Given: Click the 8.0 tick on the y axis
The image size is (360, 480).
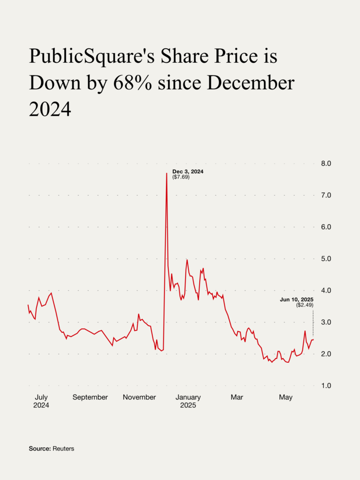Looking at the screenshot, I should coord(326,164).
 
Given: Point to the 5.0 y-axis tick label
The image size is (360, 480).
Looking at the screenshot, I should coord(326,259).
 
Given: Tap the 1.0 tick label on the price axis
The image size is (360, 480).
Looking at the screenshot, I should coord(326,386).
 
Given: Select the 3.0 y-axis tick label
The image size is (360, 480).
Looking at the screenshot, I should coord(326,322).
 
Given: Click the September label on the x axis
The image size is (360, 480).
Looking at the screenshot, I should coord(90,397).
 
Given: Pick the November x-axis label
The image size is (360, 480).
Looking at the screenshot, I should coord(139,397).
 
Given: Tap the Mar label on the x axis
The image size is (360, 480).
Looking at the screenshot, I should coord(237,397).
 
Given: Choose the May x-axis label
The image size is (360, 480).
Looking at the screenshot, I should coord(285,397).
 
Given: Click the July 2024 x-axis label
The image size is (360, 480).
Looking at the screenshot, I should coord(41,401).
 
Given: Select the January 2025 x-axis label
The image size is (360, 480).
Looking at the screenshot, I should coord(188,401).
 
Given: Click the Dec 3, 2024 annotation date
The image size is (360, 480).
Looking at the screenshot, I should coord(188,172).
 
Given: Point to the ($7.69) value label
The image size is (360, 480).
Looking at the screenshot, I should coord(181,178).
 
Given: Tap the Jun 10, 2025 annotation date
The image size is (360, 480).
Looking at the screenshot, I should coord(296,299).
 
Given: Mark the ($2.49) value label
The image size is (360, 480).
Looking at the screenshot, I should coord(304,305).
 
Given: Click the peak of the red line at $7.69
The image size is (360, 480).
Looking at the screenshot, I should coord(166,173).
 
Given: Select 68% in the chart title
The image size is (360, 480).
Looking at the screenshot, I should coord(133,83).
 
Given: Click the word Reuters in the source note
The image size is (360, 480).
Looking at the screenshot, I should coord(63,449).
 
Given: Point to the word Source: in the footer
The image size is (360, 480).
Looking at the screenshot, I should coord(39,449).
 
